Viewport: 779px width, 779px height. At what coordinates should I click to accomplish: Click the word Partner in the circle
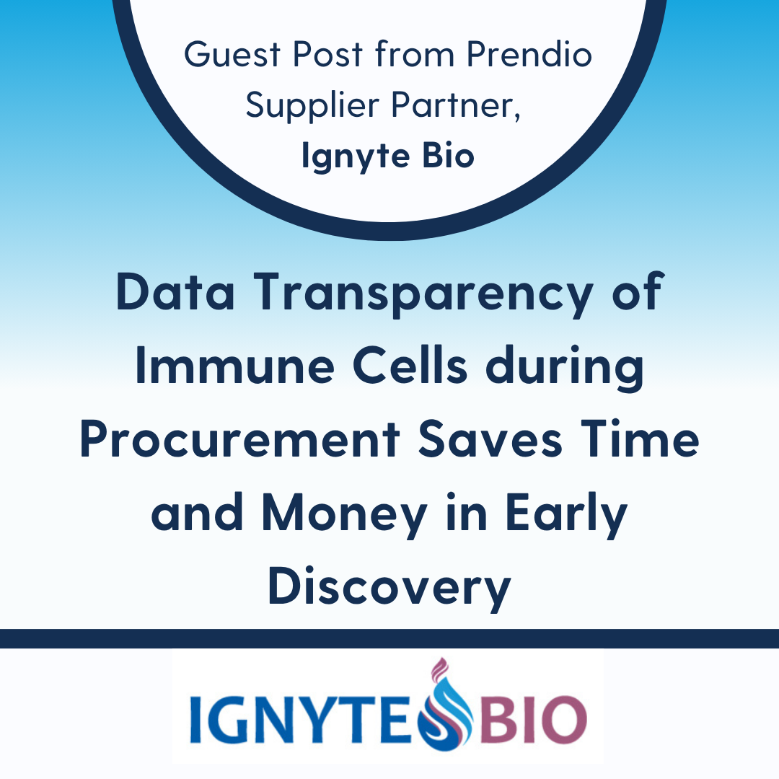pyautogui.click(x=456, y=105)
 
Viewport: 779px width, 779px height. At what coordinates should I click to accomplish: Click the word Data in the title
pyautogui.click(x=175, y=291)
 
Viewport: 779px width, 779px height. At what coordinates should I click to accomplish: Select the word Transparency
pyautogui.click(x=423, y=295)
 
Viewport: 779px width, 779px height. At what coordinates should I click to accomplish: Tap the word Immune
pyautogui.click(x=235, y=366)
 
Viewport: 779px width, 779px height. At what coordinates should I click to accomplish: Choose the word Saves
pyautogui.click(x=490, y=439)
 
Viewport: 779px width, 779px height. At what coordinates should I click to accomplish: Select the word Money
pyautogui.click(x=344, y=515)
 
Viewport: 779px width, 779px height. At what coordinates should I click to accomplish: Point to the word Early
pyautogui.click(x=566, y=515)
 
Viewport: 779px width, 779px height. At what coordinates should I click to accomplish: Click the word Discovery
pyautogui.click(x=389, y=589)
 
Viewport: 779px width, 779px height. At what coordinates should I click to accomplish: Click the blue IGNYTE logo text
pyautogui.click(x=304, y=719)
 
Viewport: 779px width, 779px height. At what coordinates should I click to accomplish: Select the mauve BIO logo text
pyautogui.click(x=531, y=719)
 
